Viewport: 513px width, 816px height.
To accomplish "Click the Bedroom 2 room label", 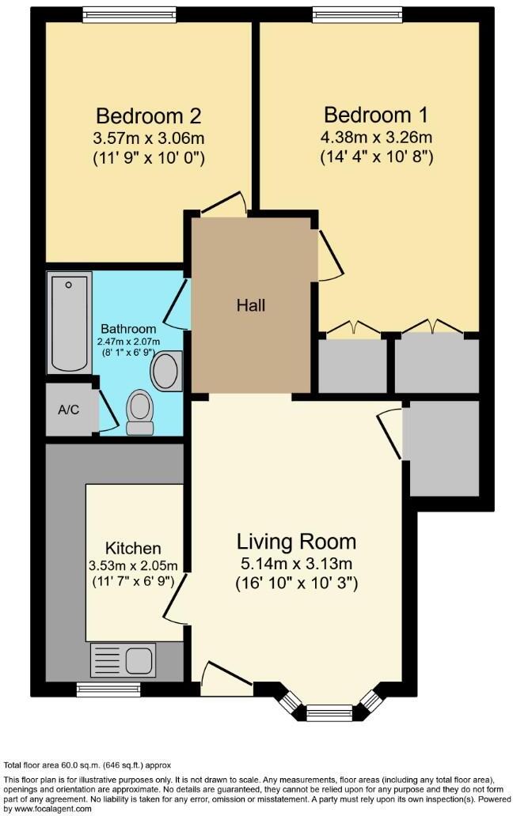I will (148, 116).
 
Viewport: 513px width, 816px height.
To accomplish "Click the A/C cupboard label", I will (68, 410).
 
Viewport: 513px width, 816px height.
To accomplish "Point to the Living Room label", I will (296, 542).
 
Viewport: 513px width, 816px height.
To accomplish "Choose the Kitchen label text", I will (133, 548).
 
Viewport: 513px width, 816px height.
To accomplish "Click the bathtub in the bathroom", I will (70, 323).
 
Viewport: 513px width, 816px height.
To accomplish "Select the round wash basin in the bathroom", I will (166, 371).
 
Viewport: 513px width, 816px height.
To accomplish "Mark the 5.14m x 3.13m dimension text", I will (296, 564).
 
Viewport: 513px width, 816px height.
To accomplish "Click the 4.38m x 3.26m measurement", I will (376, 137).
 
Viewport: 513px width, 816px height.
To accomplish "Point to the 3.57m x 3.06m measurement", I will (148, 138).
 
